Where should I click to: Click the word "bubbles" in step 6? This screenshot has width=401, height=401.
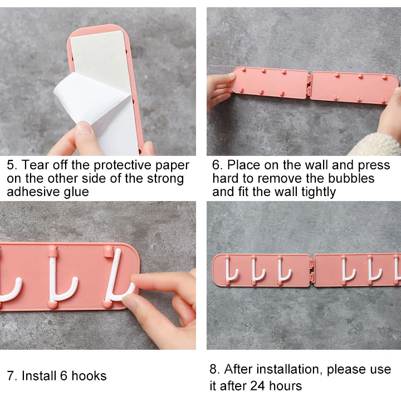click(351, 178)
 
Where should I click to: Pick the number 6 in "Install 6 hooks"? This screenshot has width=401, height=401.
click(63, 376)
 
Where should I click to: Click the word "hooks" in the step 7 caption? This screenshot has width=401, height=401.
click(89, 376)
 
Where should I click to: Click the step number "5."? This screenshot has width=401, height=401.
click(12, 165)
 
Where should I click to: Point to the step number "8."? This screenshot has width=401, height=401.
click(215, 370)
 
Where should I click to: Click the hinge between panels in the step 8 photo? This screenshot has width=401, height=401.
click(311, 270)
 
